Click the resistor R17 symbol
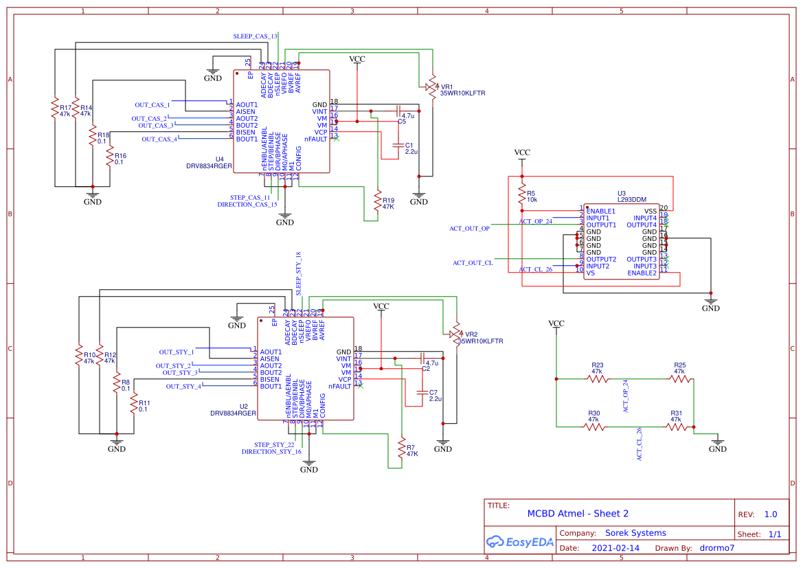click(x=54, y=110)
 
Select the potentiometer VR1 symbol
click(x=432, y=87)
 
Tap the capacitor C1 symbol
click(x=396, y=146)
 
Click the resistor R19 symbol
click(x=377, y=202)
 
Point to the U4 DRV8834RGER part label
click(x=210, y=163)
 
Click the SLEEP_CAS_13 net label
click(x=256, y=36)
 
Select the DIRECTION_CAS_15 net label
click(x=247, y=205)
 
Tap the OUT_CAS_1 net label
click(x=152, y=105)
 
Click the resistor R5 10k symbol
click(x=522, y=196)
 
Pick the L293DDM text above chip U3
click(x=633, y=200)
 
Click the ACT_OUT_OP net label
click(x=470, y=228)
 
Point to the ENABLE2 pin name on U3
click(x=642, y=273)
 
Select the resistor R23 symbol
click(x=598, y=378)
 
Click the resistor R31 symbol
click(x=676, y=427)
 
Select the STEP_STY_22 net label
click(x=274, y=445)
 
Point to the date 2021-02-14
click(x=615, y=548)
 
